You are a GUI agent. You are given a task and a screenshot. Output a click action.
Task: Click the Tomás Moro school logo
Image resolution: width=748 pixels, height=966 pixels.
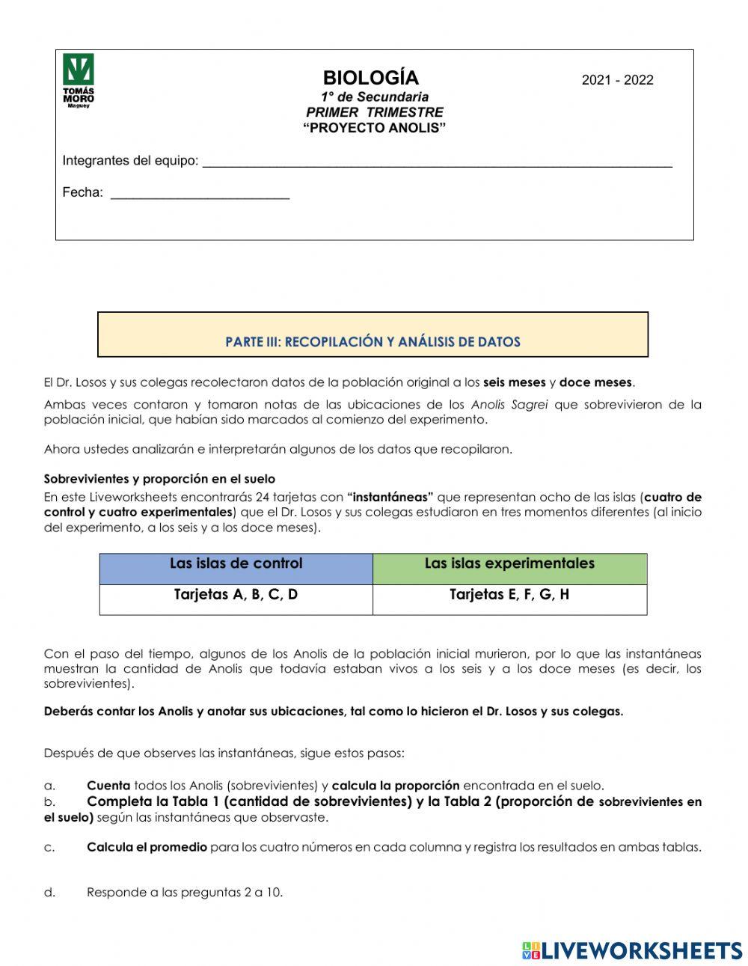click(79, 81)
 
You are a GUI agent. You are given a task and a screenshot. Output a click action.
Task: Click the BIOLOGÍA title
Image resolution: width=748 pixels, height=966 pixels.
click(370, 78)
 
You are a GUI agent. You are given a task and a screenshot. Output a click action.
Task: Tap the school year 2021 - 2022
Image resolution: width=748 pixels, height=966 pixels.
click(617, 80)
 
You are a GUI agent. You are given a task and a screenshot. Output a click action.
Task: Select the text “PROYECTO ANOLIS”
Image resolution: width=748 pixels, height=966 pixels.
click(374, 128)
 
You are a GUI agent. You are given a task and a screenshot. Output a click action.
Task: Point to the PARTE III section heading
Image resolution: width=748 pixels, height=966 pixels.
click(373, 342)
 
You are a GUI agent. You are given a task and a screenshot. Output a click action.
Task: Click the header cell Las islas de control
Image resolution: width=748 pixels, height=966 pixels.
click(236, 564)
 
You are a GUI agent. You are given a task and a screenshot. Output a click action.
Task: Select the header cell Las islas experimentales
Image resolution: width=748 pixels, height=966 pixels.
click(509, 564)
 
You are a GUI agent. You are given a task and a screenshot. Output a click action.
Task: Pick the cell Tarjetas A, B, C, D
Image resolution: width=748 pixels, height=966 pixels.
click(236, 596)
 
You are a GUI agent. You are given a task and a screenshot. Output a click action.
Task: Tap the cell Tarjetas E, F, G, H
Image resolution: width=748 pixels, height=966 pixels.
click(509, 596)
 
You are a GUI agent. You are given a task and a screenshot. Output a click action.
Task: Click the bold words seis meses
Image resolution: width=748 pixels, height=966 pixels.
click(515, 382)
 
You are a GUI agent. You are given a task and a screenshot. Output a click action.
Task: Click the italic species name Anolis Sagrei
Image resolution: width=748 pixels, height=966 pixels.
click(509, 405)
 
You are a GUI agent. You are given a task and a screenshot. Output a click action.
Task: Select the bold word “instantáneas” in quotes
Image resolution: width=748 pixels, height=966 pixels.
click(390, 497)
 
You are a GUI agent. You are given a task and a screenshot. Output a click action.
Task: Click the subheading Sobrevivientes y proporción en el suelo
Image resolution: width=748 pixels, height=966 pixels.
click(159, 479)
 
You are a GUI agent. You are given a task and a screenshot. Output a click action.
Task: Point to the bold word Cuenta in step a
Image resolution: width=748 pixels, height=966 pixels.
click(108, 786)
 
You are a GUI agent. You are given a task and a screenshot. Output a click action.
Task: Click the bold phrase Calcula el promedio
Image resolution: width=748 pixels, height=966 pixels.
click(147, 847)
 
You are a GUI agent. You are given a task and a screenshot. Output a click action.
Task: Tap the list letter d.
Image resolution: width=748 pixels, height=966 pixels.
click(49, 892)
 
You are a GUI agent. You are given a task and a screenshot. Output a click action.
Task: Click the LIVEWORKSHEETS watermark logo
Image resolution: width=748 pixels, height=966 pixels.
click(632, 950)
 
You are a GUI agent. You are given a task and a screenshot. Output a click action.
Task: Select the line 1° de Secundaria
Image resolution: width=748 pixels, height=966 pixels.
click(375, 97)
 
